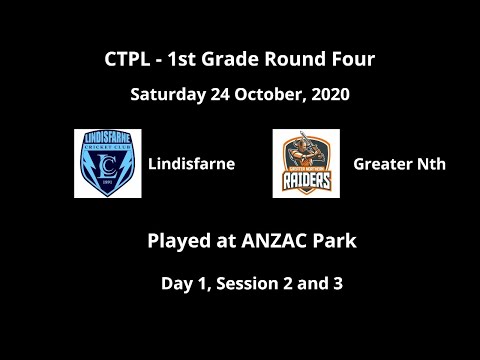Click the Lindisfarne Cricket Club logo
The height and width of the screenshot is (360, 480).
coord(107,163)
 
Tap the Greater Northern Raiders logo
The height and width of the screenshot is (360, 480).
coord(306,163)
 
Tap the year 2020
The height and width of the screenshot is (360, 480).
coord(329,97)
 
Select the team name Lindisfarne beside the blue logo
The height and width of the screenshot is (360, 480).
coord(192,163)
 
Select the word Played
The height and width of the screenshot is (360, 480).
coord(175,241)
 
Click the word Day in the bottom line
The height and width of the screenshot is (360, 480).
coord(178,283)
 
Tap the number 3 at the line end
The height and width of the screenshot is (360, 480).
coord(338,283)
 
